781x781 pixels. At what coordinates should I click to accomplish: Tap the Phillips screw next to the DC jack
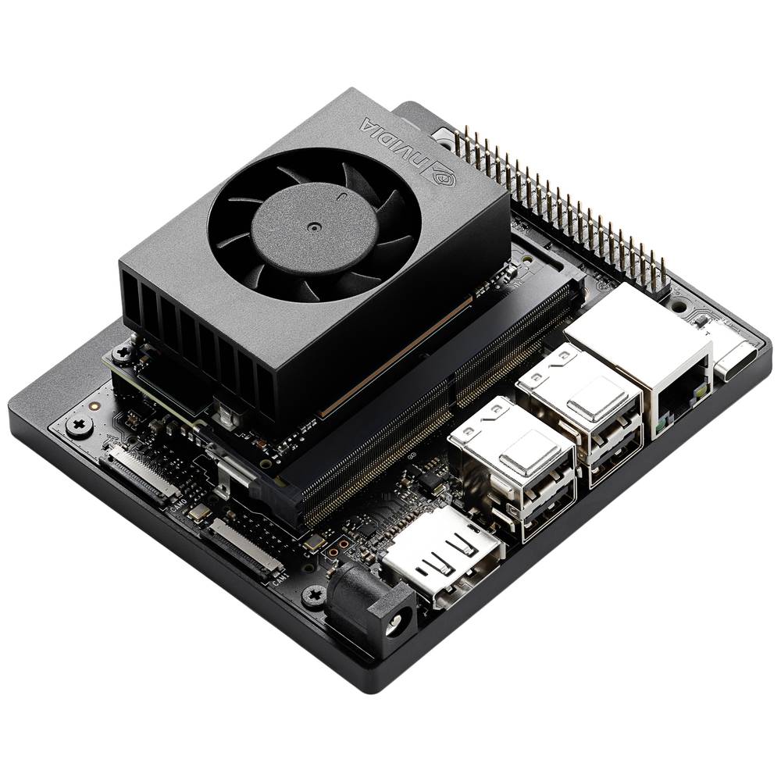(314, 596)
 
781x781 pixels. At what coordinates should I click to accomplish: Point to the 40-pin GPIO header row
(562, 203)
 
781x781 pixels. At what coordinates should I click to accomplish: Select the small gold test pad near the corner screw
(94, 407)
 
